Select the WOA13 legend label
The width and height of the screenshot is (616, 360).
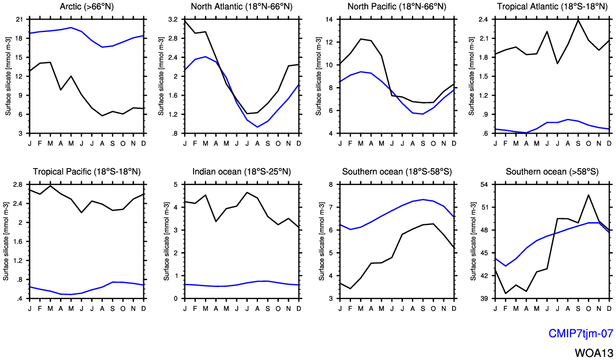point(594,352)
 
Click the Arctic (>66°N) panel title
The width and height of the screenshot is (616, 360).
point(87,6)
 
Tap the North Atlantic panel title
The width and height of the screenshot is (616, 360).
point(242,6)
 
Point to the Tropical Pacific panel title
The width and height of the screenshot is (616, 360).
point(87,171)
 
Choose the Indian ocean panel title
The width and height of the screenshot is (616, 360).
point(242,171)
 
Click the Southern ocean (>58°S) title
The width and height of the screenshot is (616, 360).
point(552,171)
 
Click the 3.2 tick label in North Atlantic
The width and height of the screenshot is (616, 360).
point(173,19)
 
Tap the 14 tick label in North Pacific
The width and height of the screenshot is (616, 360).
point(329,19)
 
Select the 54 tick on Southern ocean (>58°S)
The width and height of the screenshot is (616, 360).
point(484,184)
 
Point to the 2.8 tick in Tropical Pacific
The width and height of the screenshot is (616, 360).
point(19,184)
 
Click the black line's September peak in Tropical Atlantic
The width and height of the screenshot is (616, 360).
point(578,19)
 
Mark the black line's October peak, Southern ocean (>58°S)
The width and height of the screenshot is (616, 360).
point(588,195)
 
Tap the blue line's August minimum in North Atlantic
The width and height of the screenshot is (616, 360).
point(257,127)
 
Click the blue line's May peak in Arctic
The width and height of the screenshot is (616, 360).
point(71,28)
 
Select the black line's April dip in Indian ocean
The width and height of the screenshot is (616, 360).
point(216,222)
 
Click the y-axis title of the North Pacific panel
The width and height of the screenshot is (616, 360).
point(319,76)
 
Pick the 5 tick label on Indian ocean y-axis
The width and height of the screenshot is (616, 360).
point(176,184)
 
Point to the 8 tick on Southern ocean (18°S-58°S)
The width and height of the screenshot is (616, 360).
point(331,184)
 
